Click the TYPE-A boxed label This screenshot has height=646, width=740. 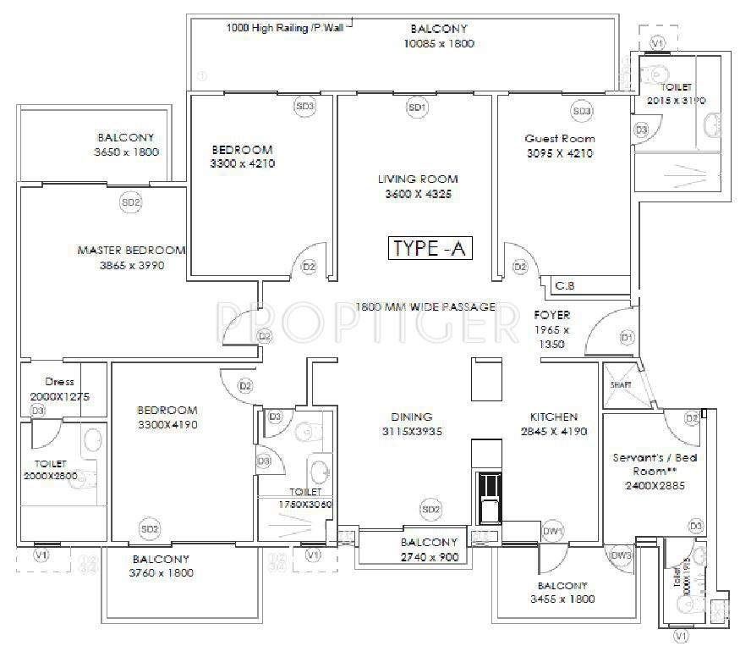point(430,248)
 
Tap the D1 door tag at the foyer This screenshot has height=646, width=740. point(627,338)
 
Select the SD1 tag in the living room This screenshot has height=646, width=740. point(416,108)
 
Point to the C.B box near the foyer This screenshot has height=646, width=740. point(565,285)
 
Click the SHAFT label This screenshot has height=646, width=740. point(621,384)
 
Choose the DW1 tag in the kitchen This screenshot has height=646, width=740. point(553,531)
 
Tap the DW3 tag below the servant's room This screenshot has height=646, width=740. point(622,555)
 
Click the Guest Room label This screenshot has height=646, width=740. point(559,138)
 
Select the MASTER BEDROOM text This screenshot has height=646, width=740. point(131,251)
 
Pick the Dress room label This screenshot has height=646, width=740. point(54,382)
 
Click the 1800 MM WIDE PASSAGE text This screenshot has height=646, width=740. point(425,306)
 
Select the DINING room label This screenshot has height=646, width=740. point(412,417)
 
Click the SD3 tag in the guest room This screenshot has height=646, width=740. point(582,111)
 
